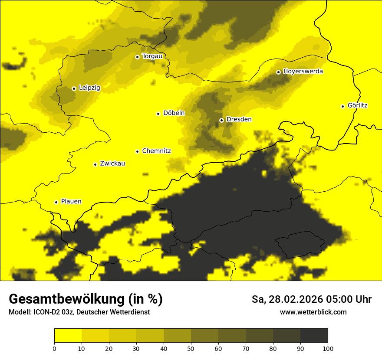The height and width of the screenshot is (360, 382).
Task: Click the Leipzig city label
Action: [89, 88]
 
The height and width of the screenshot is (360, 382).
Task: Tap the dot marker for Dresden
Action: [221, 120]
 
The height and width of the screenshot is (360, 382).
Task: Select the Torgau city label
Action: [152, 56]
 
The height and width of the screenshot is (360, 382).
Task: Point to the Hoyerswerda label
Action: [303, 72]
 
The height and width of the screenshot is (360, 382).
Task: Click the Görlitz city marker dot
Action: [342, 106]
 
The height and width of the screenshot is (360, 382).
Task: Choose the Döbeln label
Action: [174, 113]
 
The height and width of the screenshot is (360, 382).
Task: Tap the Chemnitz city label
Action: [156, 151]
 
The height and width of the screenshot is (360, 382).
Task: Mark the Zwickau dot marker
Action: [95, 164]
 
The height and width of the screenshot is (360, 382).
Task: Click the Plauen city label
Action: [71, 202]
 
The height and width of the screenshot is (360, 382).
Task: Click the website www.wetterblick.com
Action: [313, 312]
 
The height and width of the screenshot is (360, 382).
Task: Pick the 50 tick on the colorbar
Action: [191, 348]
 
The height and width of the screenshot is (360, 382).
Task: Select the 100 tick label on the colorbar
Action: [328, 348]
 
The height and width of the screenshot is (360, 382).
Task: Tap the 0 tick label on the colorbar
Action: [54, 348]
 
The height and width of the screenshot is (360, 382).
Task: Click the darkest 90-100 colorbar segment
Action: [314, 335]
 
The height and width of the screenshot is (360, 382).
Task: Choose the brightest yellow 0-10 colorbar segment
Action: [68, 335]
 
